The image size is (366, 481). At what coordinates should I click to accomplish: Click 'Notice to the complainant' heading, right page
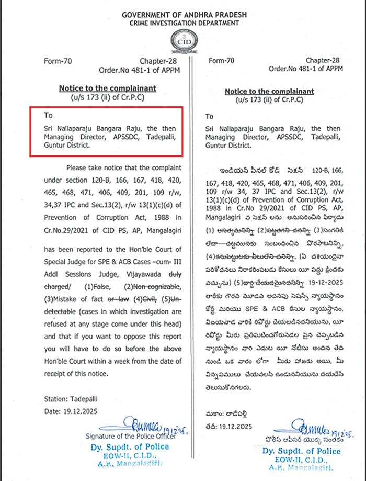(x=269, y=92)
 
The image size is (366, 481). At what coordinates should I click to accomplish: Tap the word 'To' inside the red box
(x=48, y=115)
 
